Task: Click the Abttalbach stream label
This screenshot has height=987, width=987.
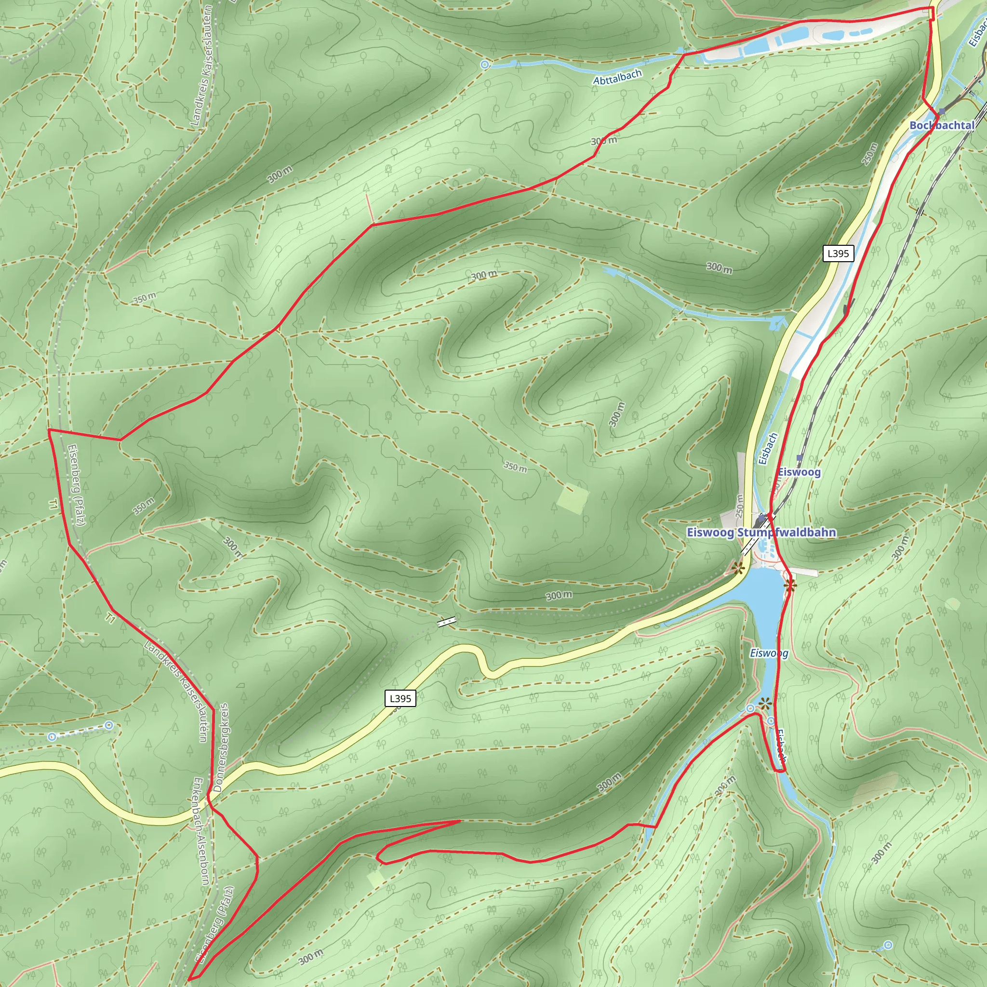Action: coord(617,77)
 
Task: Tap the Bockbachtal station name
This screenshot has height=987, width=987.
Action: coord(942,125)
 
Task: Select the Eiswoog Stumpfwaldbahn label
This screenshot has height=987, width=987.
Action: coord(761,533)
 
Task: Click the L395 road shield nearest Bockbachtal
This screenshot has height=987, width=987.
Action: coord(839,253)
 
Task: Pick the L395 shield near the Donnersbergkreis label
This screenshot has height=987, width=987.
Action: coord(400,698)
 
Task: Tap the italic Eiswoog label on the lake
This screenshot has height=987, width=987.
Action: coord(769,653)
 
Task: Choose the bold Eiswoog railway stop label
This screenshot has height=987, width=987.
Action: coord(799,472)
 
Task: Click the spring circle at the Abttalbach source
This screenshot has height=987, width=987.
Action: coord(485,65)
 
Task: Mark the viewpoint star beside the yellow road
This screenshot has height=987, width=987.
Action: coord(737,569)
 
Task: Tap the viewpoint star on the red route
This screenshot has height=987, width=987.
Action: coord(790,586)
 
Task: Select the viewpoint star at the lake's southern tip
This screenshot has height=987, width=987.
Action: coord(764,705)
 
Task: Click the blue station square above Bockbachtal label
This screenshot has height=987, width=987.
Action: coord(942,111)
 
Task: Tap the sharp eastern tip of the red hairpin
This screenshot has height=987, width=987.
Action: coord(460,820)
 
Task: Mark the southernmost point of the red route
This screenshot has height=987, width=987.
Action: coord(189,979)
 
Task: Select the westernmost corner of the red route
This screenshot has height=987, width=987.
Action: coord(49,429)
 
